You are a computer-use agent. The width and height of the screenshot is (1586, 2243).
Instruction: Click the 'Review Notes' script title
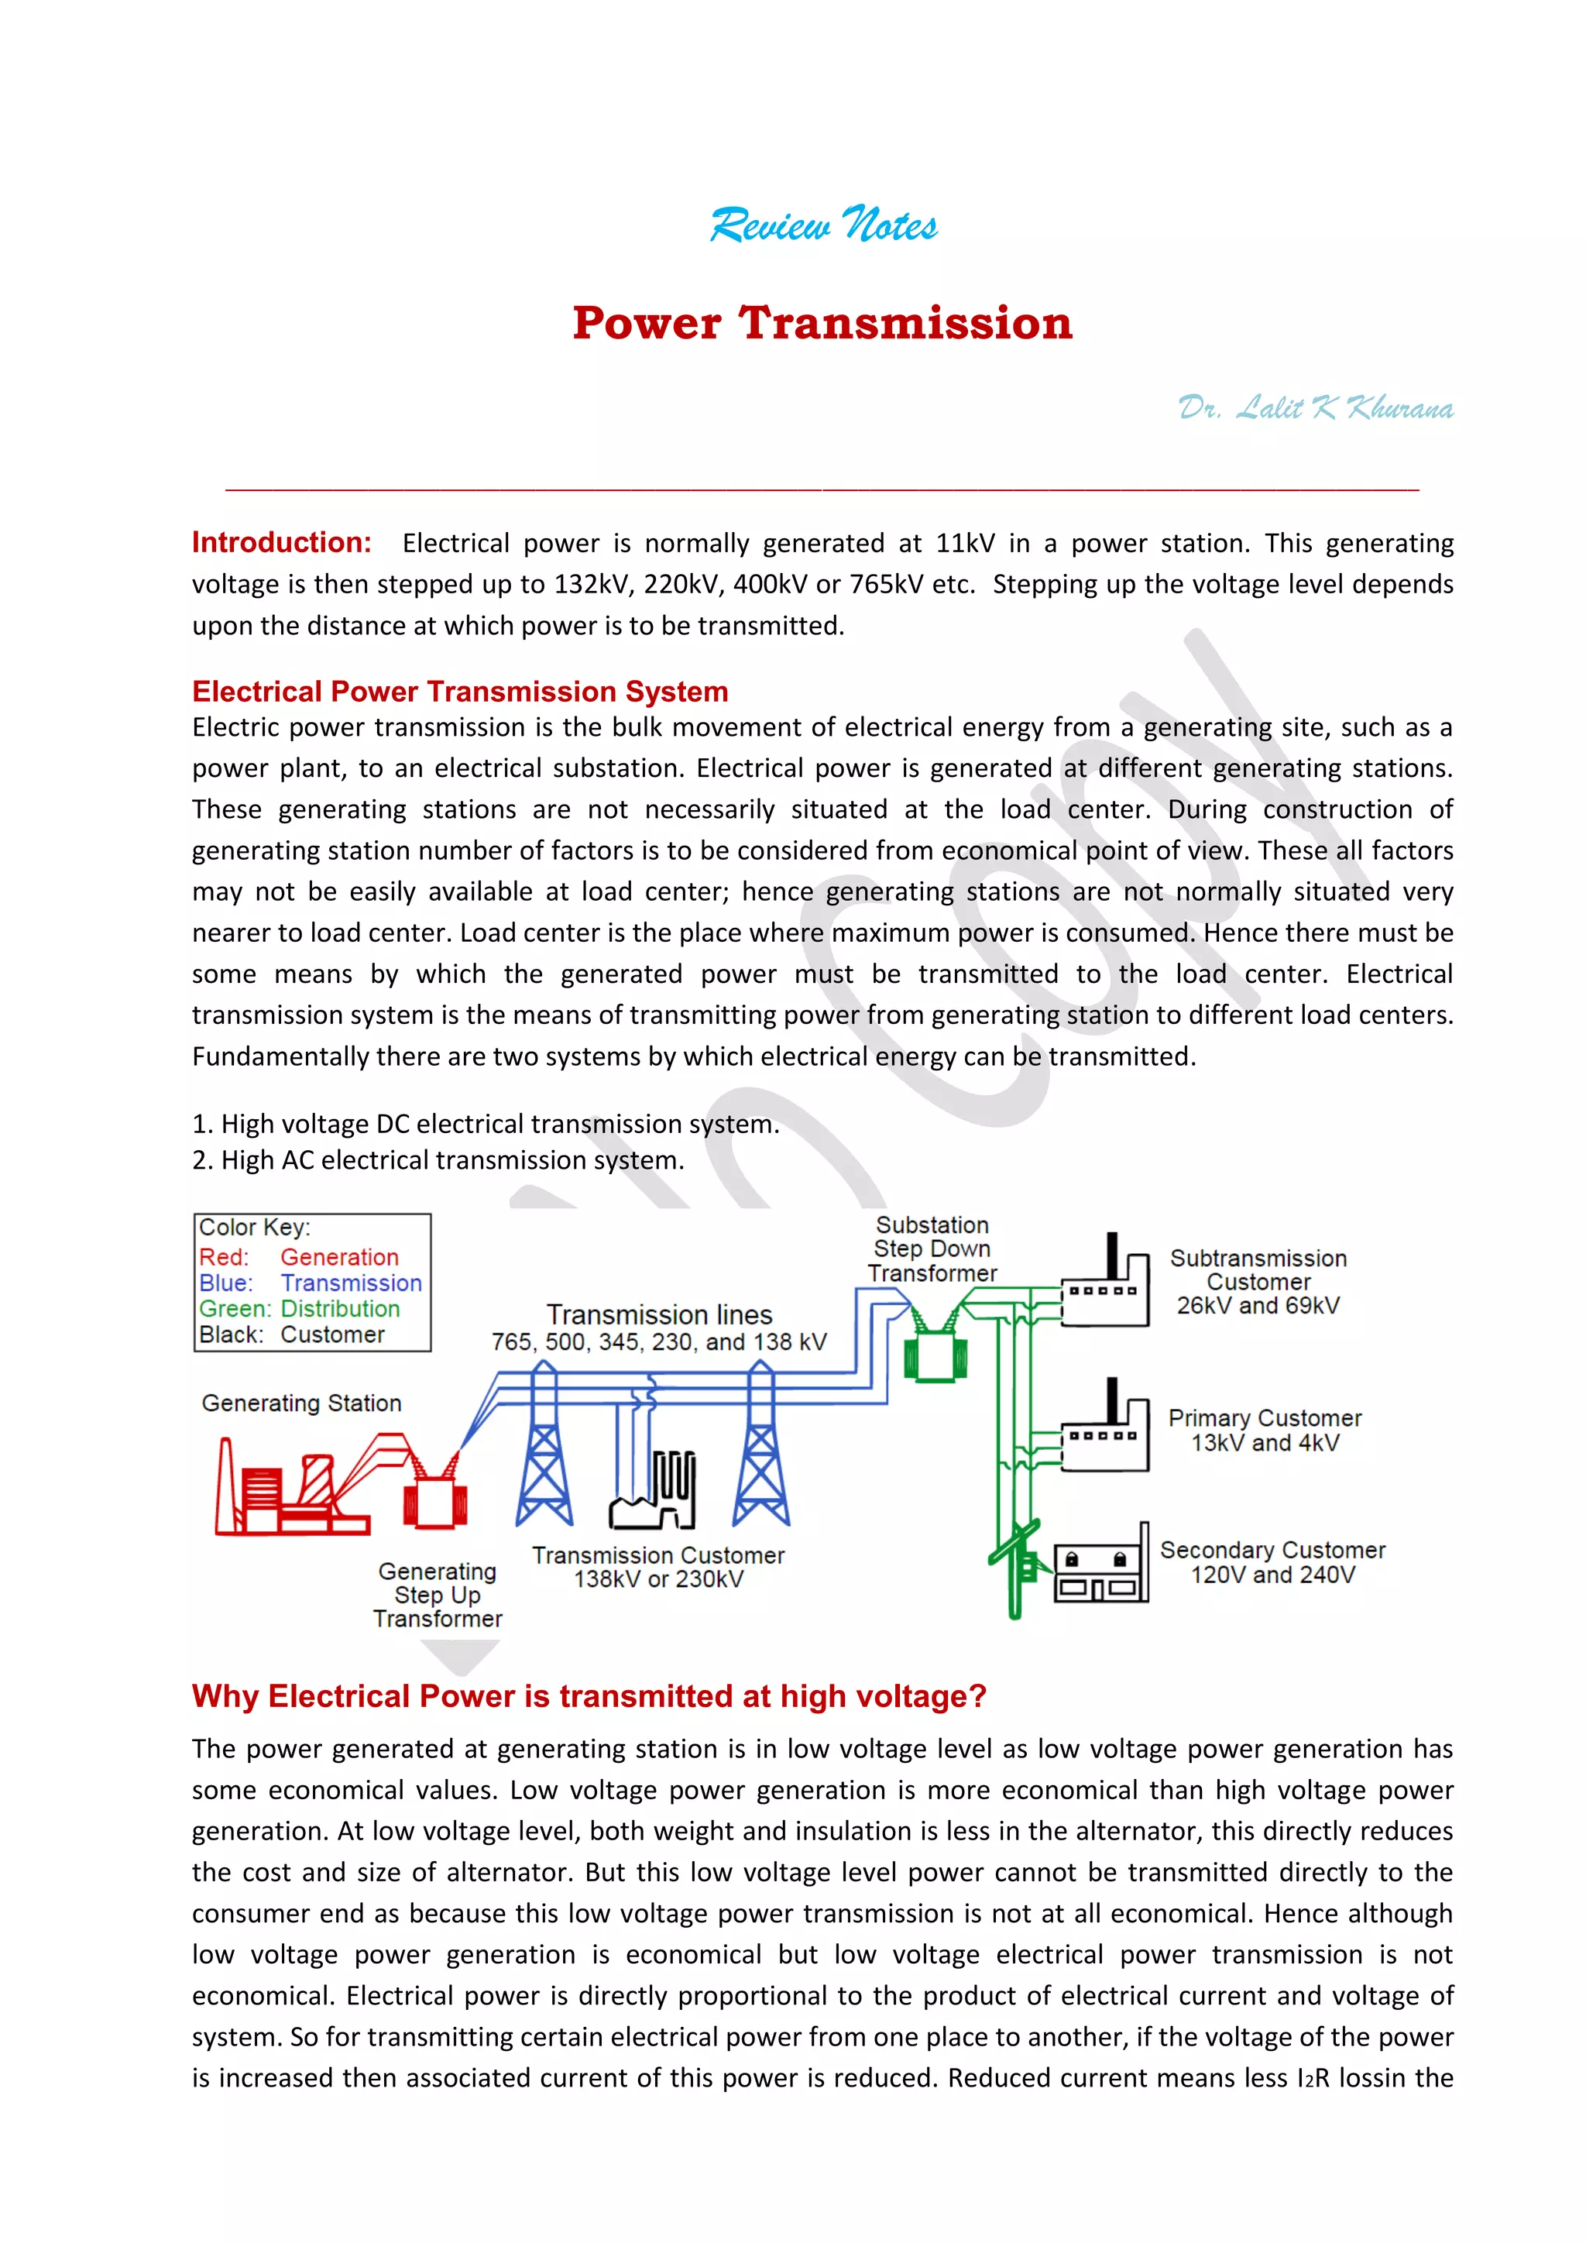pyautogui.click(x=822, y=225)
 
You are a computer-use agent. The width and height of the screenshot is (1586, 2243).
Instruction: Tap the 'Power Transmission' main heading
pyautogui.click(x=822, y=323)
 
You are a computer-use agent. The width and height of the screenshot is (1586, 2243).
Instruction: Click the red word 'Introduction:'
pyautogui.click(x=281, y=542)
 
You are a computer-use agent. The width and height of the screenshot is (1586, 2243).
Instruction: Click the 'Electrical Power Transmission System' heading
pyautogui.click(x=460, y=692)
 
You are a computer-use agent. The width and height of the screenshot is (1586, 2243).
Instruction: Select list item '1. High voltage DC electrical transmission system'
pyautogui.click(x=486, y=1124)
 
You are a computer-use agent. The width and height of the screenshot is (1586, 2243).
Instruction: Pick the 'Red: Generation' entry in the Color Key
pyautogui.click(x=299, y=1257)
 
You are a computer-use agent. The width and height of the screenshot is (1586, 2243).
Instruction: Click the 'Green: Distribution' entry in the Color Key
pyautogui.click(x=299, y=1309)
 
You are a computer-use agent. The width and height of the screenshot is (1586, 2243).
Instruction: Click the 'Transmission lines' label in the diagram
pyautogui.click(x=659, y=1315)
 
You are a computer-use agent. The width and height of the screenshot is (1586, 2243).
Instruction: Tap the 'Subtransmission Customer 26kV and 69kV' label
pyautogui.click(x=1258, y=1282)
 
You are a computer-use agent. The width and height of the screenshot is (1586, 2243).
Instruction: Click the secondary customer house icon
pyautogui.click(x=1100, y=1569)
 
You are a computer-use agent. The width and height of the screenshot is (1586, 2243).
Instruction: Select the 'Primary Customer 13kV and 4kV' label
pyautogui.click(x=1265, y=1431)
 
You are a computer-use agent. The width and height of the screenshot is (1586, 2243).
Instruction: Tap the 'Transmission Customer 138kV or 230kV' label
pyautogui.click(x=658, y=1567)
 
